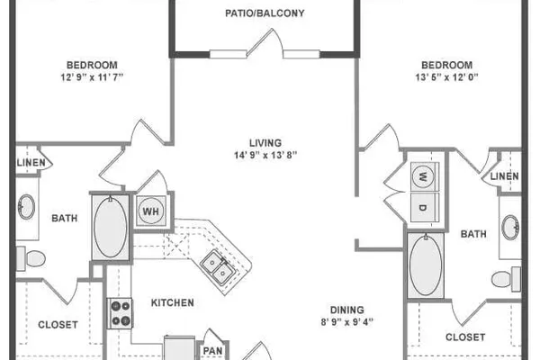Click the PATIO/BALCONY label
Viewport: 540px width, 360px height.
click(x=265, y=13)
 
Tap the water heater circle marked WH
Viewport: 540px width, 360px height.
click(x=151, y=211)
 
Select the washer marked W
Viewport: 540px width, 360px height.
click(x=423, y=177)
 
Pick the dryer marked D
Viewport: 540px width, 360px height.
click(x=423, y=207)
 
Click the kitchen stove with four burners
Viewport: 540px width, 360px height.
click(x=119, y=313)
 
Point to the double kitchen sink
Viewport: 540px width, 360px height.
click(x=218, y=267)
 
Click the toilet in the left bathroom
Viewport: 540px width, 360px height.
click(x=31, y=258)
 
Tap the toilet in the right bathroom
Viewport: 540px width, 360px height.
click(x=506, y=279)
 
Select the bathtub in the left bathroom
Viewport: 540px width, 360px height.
click(x=110, y=228)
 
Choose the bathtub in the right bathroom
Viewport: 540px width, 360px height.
click(x=426, y=265)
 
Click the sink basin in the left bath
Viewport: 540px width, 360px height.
click(x=26, y=207)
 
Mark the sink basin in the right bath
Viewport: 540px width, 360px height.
click(x=510, y=228)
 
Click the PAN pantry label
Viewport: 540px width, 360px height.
click(x=212, y=351)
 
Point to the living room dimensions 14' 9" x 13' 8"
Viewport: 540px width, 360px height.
click(x=265, y=156)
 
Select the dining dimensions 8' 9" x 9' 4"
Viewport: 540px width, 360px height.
click(x=347, y=322)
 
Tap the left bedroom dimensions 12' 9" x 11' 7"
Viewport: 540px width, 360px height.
click(x=92, y=77)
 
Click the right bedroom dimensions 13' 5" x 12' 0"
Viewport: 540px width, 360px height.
click(x=446, y=77)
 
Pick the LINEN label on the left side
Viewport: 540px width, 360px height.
click(x=31, y=163)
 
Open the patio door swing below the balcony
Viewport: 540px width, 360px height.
click(x=265, y=43)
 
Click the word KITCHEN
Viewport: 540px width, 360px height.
click(x=173, y=302)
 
